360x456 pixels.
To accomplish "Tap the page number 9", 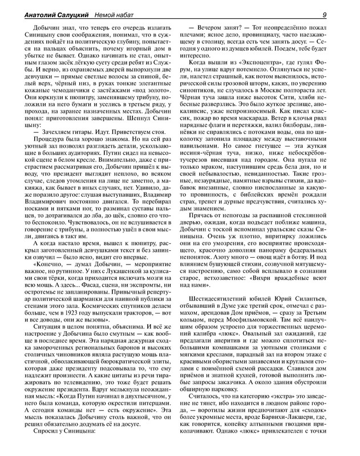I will click(x=341, y=15).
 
